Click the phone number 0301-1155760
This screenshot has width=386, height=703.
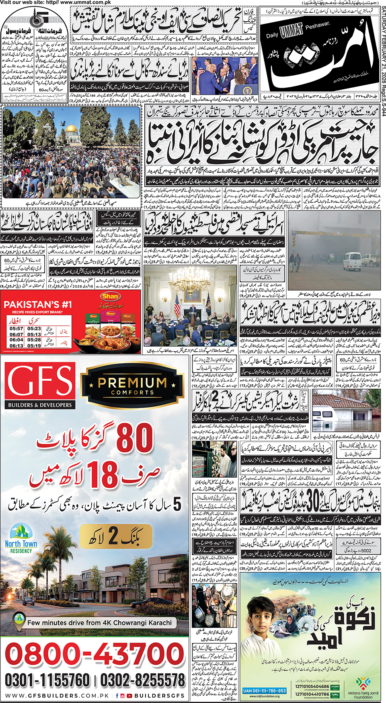tap(47, 680)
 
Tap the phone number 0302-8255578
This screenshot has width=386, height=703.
tap(142, 680)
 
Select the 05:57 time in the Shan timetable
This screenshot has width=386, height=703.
tap(16, 329)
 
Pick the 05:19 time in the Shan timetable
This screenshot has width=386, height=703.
tap(34, 346)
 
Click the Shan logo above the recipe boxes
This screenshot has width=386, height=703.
tap(110, 297)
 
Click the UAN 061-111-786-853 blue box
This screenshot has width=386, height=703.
tap(264, 691)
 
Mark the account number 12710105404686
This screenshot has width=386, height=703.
tap(312, 687)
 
